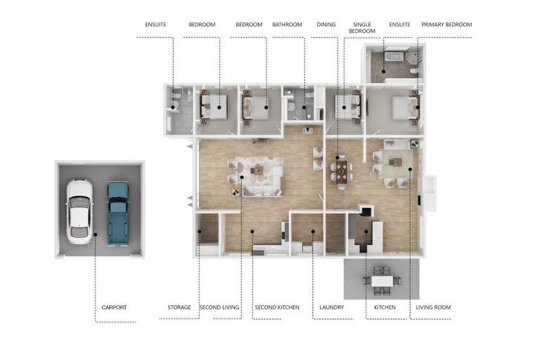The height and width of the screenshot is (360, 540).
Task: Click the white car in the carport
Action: click(x=79, y=211)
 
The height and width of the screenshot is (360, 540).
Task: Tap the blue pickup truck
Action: click(x=118, y=213)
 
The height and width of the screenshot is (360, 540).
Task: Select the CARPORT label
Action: click(x=114, y=307)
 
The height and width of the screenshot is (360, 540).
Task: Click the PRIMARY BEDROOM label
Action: click(x=446, y=25)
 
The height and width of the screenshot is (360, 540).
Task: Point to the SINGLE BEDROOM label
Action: click(x=362, y=27)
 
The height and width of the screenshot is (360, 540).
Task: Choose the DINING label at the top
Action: click(x=326, y=25)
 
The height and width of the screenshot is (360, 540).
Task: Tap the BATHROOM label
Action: click(x=287, y=25)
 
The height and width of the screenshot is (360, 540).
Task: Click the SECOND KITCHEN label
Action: click(x=277, y=307)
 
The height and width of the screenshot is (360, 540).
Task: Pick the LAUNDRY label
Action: click(x=331, y=307)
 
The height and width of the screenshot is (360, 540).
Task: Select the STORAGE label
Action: click(x=179, y=307)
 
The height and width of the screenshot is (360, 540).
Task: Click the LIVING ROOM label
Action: click(x=433, y=307)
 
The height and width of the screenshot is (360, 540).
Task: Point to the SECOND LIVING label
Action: click(x=219, y=307)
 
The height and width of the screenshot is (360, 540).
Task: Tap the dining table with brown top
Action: click(x=342, y=172)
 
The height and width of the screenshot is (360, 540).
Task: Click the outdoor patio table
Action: click(x=382, y=281)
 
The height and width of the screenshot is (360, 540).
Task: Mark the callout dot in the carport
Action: click(x=96, y=234)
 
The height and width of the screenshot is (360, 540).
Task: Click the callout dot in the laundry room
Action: click(x=313, y=231)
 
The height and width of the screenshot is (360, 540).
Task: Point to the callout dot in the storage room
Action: click(x=200, y=231)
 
